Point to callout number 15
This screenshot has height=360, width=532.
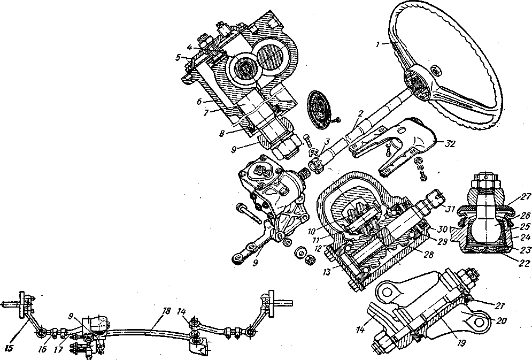click(x=9, y=349)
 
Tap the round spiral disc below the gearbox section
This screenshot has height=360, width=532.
click(x=321, y=111)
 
